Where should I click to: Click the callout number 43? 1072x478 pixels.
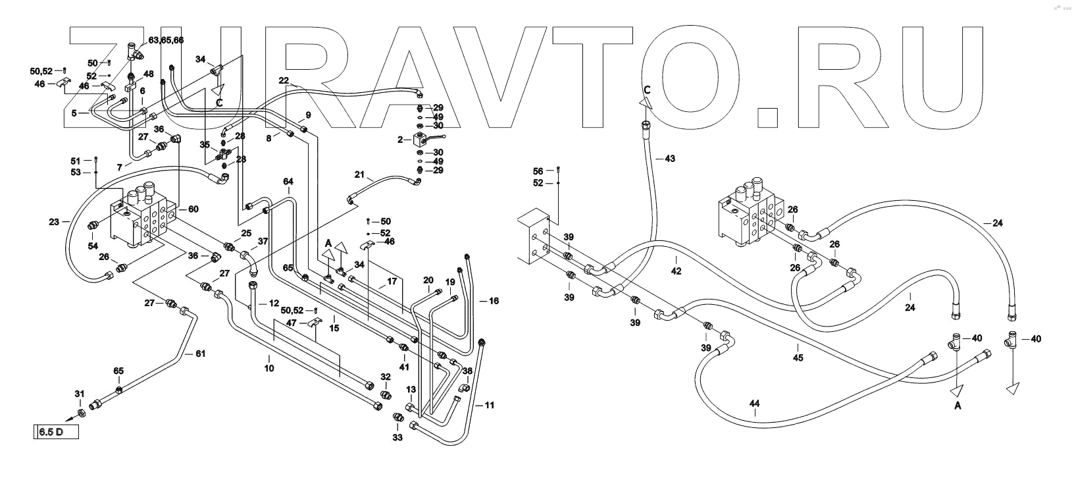point(670,159)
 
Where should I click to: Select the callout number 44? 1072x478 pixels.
point(754,403)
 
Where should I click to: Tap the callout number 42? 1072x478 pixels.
point(676,271)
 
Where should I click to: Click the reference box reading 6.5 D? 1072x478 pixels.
point(56,433)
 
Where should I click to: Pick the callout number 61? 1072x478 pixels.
point(200,354)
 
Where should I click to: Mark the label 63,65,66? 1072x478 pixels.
point(166,40)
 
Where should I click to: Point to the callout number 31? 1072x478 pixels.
point(80,394)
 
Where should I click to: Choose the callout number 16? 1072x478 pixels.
point(494,301)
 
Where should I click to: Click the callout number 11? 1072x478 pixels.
point(489,404)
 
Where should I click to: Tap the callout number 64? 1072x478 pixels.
point(288,181)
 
